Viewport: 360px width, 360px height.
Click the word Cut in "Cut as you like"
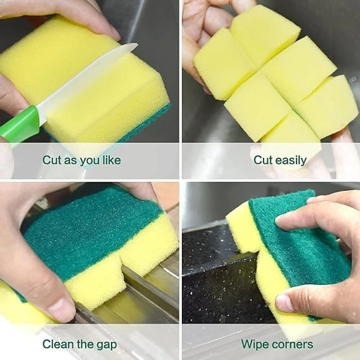pos(52,161)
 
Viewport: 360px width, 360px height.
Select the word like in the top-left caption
pos(110,161)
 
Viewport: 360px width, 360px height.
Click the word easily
pos(292,161)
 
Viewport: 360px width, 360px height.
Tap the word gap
pos(106,345)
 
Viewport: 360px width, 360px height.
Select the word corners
pos(293,344)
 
